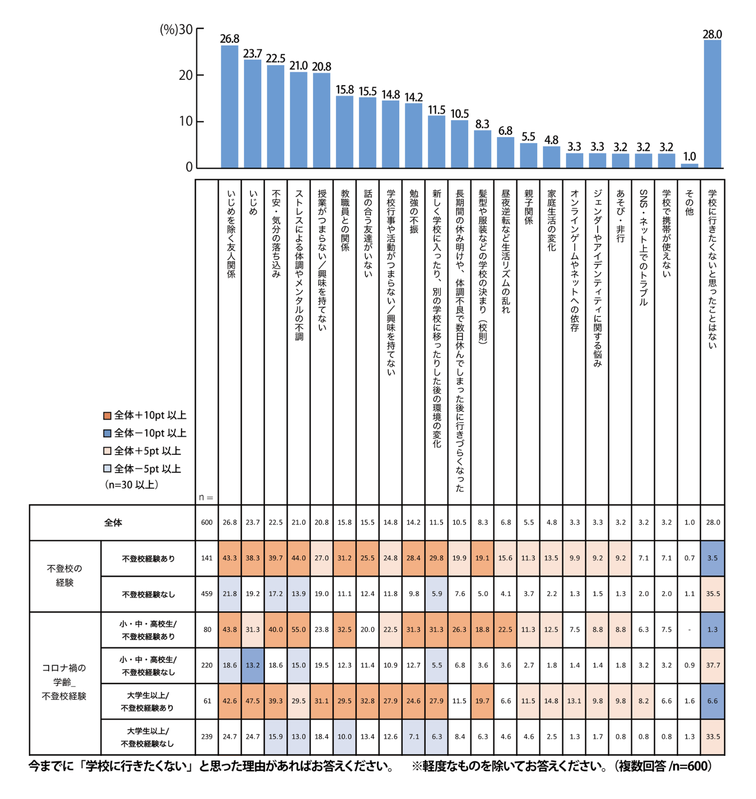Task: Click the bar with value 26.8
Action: [x=229, y=107]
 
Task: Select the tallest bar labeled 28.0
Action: [x=712, y=104]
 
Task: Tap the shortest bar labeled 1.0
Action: [x=690, y=166]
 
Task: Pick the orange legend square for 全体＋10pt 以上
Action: [x=107, y=416]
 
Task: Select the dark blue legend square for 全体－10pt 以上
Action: [x=107, y=433]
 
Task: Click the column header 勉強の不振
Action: [x=414, y=211]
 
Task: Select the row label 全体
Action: [x=113, y=523]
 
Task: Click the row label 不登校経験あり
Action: [x=148, y=558]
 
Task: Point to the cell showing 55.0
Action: [x=299, y=630]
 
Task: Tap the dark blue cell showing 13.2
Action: [x=252, y=666]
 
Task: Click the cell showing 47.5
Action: [x=252, y=701]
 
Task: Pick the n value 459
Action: [x=207, y=594]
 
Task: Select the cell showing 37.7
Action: [x=713, y=666]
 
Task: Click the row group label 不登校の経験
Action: [x=64, y=576]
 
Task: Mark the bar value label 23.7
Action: [x=252, y=54]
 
